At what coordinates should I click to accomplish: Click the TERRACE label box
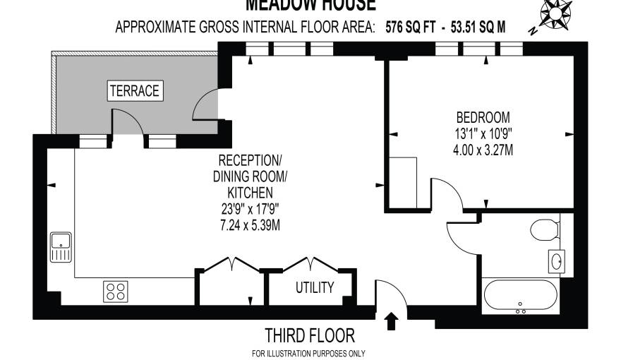tap(134, 90)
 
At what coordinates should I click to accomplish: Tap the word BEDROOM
tap(483, 117)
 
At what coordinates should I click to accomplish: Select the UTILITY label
tap(314, 287)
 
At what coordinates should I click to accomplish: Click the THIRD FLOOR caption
tap(309, 335)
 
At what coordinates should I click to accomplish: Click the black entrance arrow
tap(392, 323)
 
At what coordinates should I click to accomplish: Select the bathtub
tap(521, 296)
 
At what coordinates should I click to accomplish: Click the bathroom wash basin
tap(555, 260)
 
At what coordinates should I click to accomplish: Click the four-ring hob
tap(115, 290)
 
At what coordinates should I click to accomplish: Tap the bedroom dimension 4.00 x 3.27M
tap(483, 150)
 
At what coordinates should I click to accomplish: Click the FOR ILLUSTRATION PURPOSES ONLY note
tap(308, 353)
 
